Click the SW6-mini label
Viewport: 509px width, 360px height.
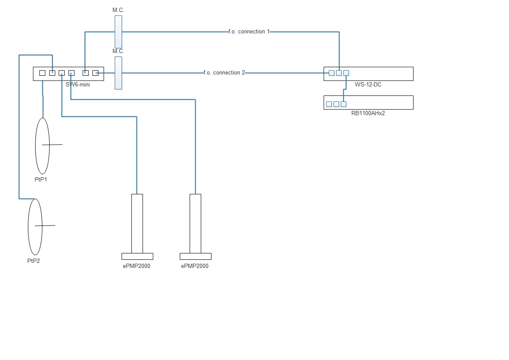[77, 84]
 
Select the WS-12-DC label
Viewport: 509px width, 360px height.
[368, 84]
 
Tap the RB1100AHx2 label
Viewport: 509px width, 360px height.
[368, 113]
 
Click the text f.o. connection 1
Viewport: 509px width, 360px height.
[249, 32]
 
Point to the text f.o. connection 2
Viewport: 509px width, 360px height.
[224, 73]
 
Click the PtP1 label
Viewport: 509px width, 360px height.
[41, 179]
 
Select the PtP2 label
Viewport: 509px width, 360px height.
[33, 261]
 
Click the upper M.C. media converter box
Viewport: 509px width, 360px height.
[119, 32]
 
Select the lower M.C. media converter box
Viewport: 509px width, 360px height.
[119, 73]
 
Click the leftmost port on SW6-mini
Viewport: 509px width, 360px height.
[42, 73]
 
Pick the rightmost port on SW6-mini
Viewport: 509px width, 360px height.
[95, 73]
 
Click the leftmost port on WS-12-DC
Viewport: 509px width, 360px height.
[331, 73]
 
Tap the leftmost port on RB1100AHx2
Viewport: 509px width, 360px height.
[329, 104]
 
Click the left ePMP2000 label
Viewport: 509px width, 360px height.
[136, 266]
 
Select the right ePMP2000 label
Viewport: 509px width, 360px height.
[195, 266]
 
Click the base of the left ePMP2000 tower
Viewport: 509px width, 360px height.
[137, 256]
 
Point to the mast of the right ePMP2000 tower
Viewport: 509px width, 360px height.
[195, 223]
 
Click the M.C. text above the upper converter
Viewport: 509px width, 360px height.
[119, 10]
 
